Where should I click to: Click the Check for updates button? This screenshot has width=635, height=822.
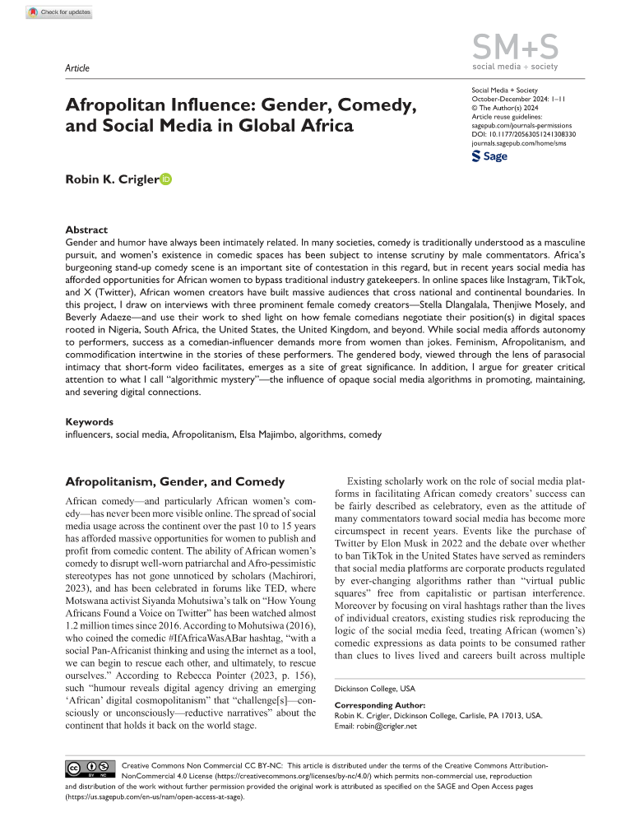coord(58,12)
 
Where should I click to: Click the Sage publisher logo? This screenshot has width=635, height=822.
coord(489,156)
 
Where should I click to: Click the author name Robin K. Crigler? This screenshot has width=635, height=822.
coord(111,179)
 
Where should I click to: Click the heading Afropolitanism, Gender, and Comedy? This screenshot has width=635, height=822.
coord(174,481)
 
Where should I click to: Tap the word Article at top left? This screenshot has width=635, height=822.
coord(76,68)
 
